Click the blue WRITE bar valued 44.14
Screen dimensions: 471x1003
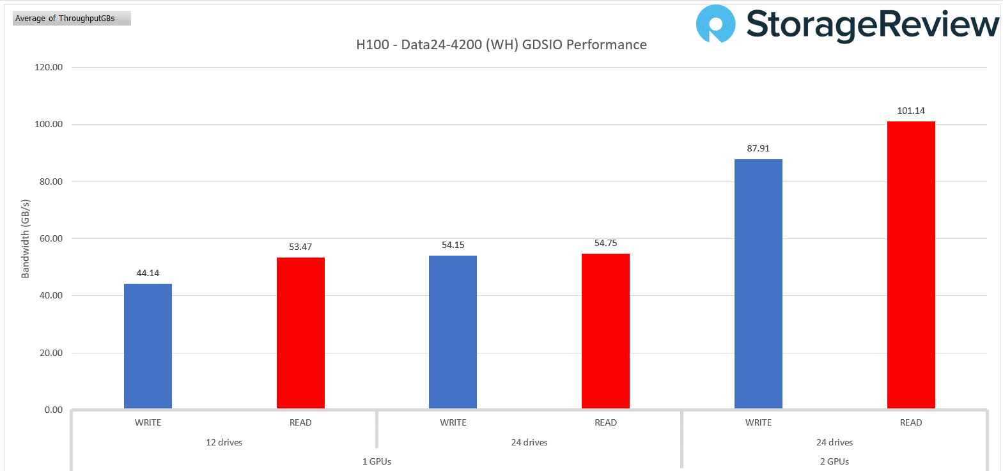click(148, 346)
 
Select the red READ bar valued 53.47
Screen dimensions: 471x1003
click(300, 333)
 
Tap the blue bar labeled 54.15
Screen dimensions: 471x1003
click(453, 332)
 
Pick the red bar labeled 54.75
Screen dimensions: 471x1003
click(605, 331)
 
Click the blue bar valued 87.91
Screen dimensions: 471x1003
click(758, 284)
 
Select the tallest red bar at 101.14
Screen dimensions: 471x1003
click(911, 265)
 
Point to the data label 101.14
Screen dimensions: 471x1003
click(911, 111)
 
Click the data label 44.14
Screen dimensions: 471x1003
click(148, 273)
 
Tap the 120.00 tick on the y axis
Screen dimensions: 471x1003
click(49, 67)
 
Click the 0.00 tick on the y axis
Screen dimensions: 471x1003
click(54, 410)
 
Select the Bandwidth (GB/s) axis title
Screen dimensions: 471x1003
click(26, 238)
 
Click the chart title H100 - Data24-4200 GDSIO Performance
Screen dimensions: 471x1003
click(501, 45)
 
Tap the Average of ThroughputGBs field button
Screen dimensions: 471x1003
click(72, 19)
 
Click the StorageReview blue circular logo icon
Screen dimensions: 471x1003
click(715, 24)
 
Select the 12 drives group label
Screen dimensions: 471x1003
click(224, 442)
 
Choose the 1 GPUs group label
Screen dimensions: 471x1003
click(377, 461)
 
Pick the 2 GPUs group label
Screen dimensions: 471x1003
click(834, 461)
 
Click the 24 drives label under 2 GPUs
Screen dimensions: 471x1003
click(834, 442)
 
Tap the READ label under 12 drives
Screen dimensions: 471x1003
click(300, 422)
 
